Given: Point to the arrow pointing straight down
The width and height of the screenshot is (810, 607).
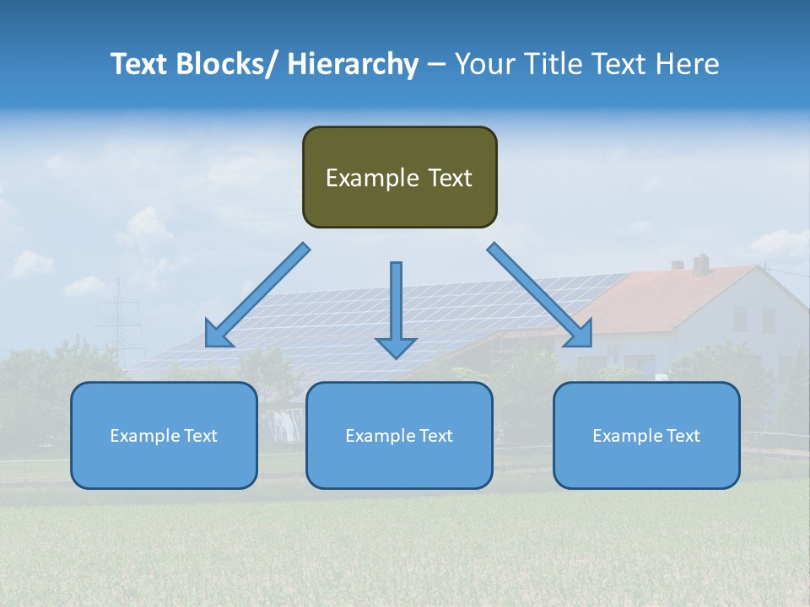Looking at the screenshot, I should [x=396, y=308].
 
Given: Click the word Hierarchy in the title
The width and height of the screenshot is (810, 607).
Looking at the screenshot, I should [x=353, y=64].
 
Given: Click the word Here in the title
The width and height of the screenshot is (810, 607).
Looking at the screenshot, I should [x=687, y=64].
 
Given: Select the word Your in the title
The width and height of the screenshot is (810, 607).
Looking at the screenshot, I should [x=483, y=64].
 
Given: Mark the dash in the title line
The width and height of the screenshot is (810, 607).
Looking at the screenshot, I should [x=435, y=64].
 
